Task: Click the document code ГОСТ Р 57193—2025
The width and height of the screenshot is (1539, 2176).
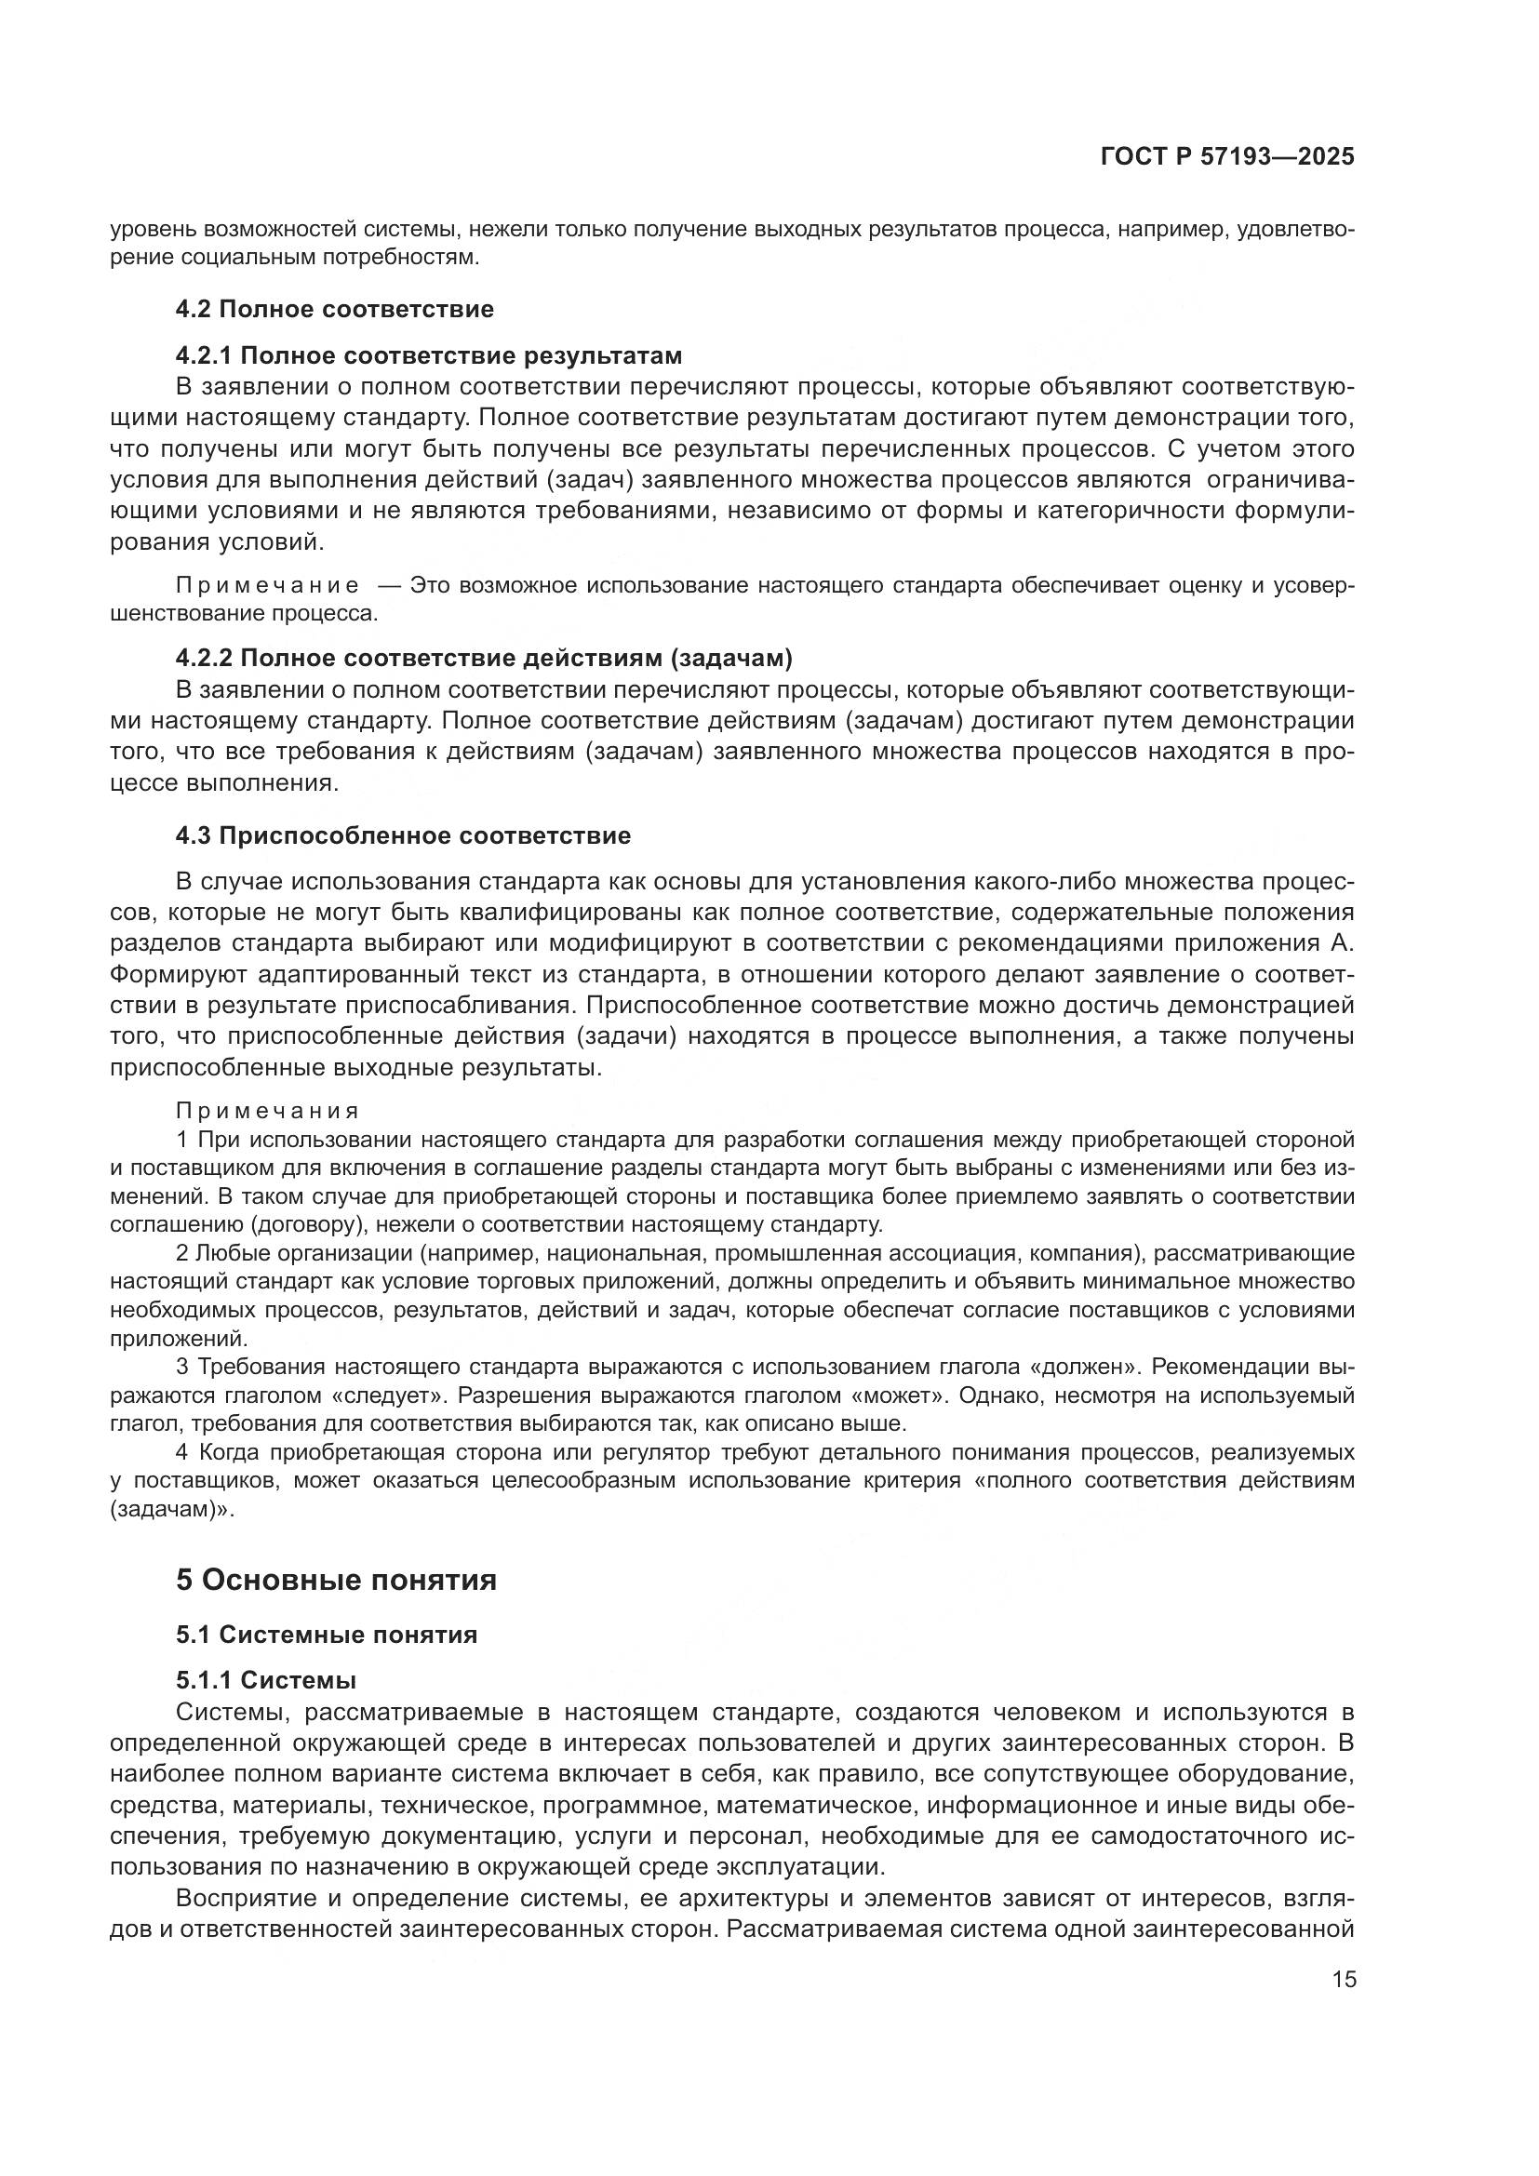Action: coord(1227,157)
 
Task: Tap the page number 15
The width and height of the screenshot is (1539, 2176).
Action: coord(1344,1979)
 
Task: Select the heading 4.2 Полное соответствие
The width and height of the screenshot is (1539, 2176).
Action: coord(335,309)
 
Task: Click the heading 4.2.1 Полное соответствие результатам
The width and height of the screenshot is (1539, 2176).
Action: coord(428,355)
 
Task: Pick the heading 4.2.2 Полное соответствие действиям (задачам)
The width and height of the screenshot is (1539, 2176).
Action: coord(484,659)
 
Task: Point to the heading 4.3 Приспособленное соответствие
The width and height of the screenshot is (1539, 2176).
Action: coord(403,836)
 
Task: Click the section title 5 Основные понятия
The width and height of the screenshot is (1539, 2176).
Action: coord(337,1580)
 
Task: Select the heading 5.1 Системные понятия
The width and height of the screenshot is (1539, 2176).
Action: coord(326,1635)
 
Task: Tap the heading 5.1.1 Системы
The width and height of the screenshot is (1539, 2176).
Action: coord(265,1680)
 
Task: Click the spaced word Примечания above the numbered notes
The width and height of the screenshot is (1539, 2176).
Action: coord(267,1110)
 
